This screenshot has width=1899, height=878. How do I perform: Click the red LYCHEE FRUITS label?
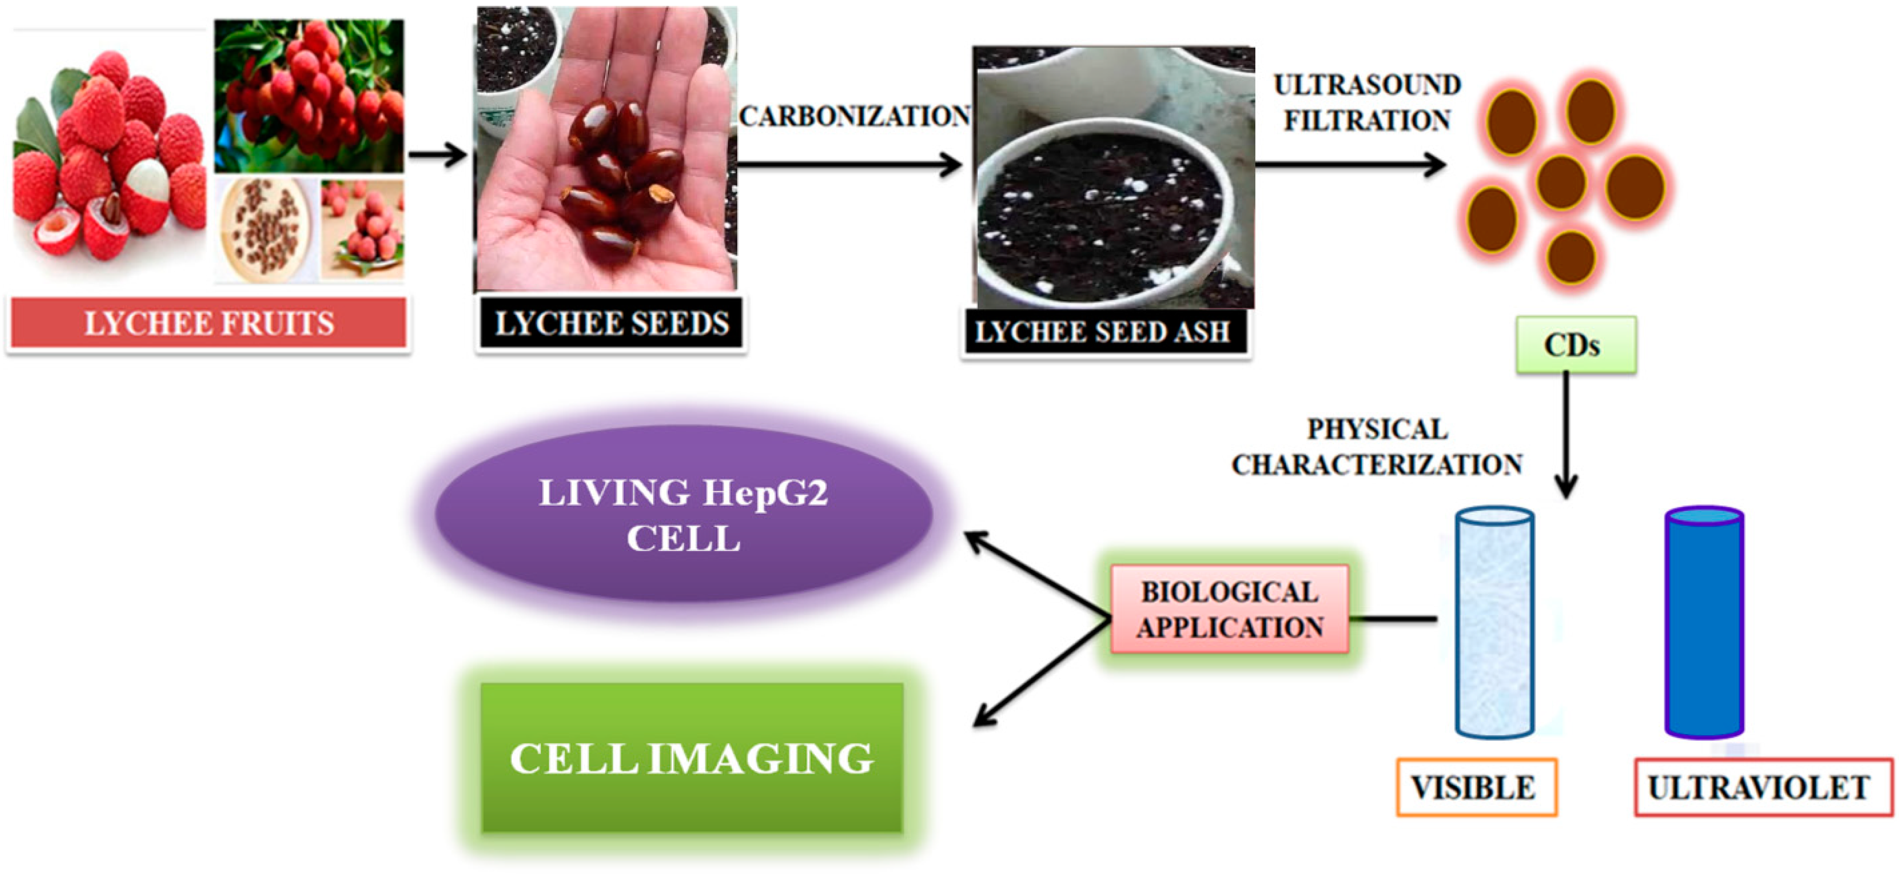click(x=208, y=323)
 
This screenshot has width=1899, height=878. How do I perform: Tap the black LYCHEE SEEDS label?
click(x=610, y=323)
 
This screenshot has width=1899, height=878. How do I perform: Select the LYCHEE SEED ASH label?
click(x=1103, y=332)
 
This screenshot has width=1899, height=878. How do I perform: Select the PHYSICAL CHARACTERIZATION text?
click(x=1376, y=447)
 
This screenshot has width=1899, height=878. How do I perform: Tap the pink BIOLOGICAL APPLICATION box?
click(x=1229, y=609)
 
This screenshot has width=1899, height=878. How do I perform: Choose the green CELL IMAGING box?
click(x=691, y=757)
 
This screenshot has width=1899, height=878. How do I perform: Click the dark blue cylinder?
click(x=1704, y=623)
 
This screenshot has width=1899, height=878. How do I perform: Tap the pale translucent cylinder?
click(x=1494, y=623)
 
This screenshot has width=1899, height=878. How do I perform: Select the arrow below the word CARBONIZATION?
click(x=848, y=164)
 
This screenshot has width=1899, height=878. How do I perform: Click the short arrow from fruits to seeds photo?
click(x=437, y=155)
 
